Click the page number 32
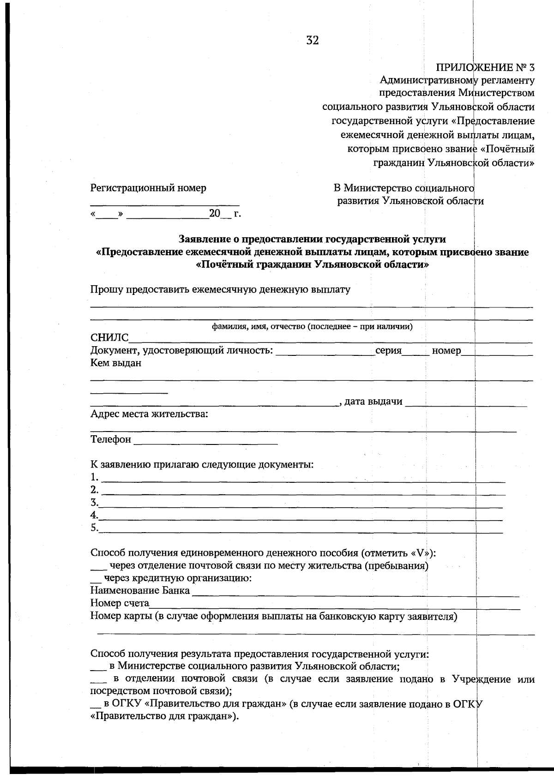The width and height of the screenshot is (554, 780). (x=313, y=41)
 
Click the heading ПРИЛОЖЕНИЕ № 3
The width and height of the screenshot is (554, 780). (x=485, y=67)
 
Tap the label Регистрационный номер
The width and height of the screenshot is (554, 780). (x=148, y=188)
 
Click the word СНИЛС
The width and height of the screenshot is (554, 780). (x=109, y=338)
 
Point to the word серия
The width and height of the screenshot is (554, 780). (x=388, y=350)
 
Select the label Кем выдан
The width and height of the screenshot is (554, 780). (x=116, y=363)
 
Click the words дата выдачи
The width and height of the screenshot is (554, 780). (x=373, y=402)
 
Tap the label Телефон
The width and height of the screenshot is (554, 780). (x=111, y=439)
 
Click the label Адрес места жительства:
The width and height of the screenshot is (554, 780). (x=149, y=414)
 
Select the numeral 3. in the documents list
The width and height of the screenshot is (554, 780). (x=94, y=502)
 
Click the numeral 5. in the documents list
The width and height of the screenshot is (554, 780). (x=94, y=528)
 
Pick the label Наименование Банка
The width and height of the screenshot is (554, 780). (x=140, y=590)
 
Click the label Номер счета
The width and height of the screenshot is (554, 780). (x=120, y=603)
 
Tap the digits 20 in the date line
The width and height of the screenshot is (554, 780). (x=215, y=213)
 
